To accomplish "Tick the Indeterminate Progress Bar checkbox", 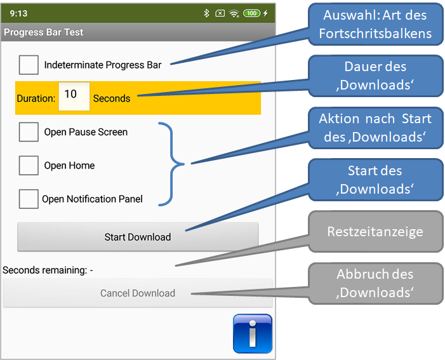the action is point(29,65).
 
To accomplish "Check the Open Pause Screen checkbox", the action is point(29,131).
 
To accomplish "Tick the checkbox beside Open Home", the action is point(29,165).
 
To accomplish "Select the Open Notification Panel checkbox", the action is point(29,199).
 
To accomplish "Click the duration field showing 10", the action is point(74,97).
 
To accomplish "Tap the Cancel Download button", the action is point(138,293).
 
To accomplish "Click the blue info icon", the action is point(253,333).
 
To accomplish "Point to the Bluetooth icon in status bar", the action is point(206,13).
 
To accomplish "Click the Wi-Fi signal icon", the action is point(234,13).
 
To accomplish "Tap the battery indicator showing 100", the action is point(252,13).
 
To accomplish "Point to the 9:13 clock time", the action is point(18,13).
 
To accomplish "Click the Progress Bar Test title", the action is point(43,32).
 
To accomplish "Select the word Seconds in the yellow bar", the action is point(112,98).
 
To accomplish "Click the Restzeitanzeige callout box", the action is point(375,231).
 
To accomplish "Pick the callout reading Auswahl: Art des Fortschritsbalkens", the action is point(375,24).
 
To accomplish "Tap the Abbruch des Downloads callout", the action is point(375,283).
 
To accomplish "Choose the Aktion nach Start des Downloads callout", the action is point(375,128).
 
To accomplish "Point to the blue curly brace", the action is point(172,164).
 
